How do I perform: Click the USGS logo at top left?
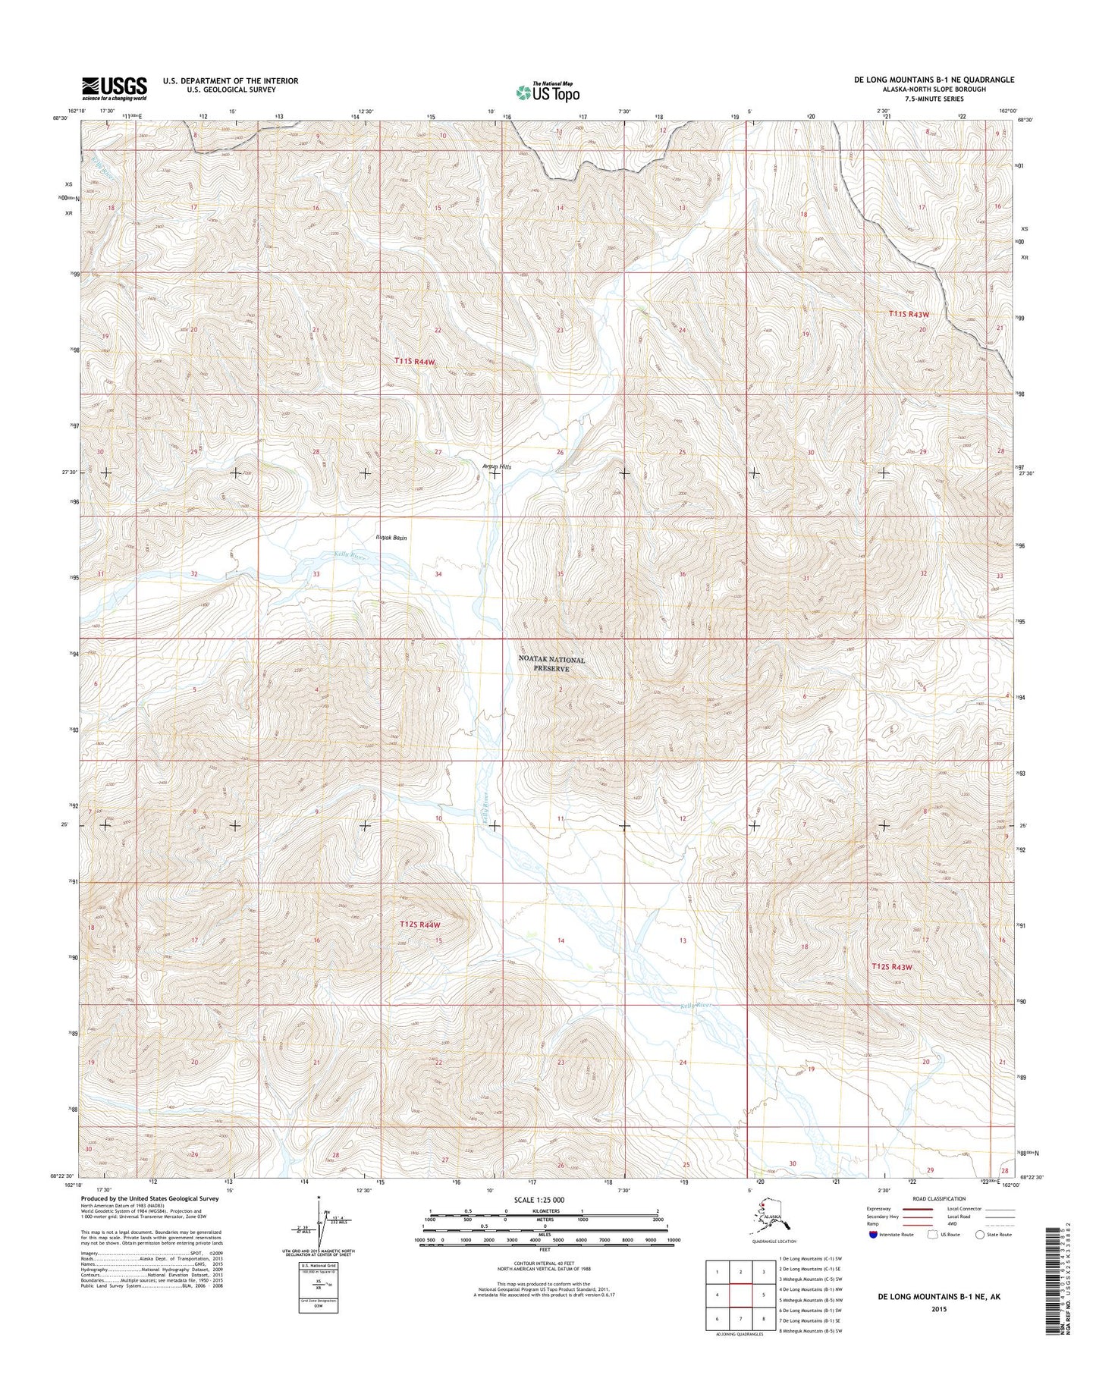pyautogui.click(x=115, y=88)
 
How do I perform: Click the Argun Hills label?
pyautogui.click(x=497, y=466)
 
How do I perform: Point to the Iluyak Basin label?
pyautogui.click(x=391, y=538)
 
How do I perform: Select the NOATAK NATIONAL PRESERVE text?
pyautogui.click(x=551, y=664)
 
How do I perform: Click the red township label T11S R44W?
pyautogui.click(x=416, y=363)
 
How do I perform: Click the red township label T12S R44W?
pyautogui.click(x=419, y=925)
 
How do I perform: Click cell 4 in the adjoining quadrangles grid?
pyautogui.click(x=717, y=1295)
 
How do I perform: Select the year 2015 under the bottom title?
pyautogui.click(x=937, y=1308)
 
